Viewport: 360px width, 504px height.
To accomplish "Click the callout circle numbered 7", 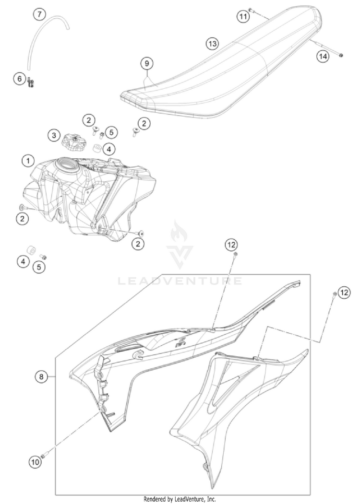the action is click(x=39, y=14).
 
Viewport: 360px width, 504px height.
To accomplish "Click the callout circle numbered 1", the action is click(x=28, y=161).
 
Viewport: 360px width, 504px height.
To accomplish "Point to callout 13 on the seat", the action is click(x=212, y=44).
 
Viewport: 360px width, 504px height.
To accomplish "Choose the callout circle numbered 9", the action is click(x=147, y=63).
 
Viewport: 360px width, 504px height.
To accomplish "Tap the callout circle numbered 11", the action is click(x=243, y=16).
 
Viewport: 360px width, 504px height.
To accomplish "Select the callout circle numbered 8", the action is click(x=41, y=376).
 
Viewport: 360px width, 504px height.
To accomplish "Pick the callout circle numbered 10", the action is click(x=36, y=462).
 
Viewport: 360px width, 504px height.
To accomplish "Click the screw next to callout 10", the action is click(x=44, y=455).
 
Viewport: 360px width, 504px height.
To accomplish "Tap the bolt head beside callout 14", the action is click(x=341, y=55).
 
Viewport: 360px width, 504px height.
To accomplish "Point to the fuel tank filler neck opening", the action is click(x=67, y=164).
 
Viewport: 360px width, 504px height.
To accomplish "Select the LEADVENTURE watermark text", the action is click(x=180, y=281).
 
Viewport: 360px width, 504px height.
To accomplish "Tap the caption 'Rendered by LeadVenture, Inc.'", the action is click(x=180, y=499).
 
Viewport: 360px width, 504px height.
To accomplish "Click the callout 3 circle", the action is click(x=54, y=135).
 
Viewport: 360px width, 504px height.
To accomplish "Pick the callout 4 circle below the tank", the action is click(x=23, y=262).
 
